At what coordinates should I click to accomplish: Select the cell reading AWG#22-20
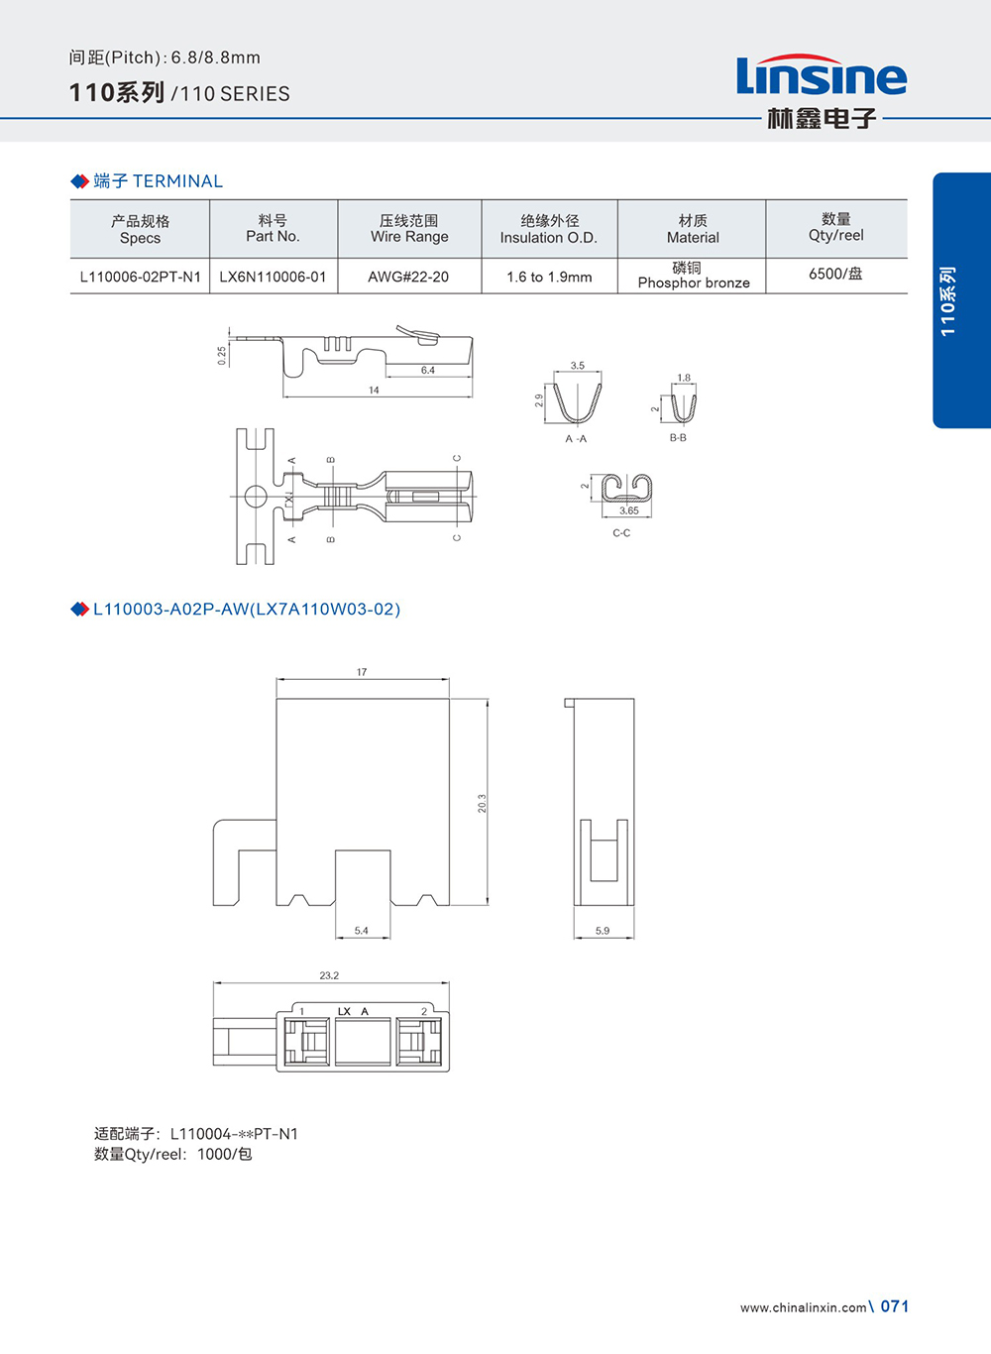(x=408, y=277)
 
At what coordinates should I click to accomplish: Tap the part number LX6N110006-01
(x=273, y=277)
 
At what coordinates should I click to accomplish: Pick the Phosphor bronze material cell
(x=693, y=276)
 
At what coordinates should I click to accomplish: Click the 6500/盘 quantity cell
(x=835, y=274)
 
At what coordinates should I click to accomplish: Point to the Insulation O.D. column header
(x=549, y=229)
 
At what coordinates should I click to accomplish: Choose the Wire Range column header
(x=409, y=229)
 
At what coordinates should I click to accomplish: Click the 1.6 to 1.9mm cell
(x=549, y=277)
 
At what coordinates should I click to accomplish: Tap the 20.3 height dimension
(x=483, y=803)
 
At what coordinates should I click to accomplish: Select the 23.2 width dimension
(x=329, y=975)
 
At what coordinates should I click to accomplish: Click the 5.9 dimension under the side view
(x=603, y=931)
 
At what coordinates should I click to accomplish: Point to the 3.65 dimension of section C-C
(x=629, y=510)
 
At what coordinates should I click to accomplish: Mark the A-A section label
(x=576, y=438)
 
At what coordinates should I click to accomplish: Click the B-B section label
(x=678, y=437)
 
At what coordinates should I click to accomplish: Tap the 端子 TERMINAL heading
(x=158, y=181)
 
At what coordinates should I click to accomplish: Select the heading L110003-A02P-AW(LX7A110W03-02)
(x=246, y=609)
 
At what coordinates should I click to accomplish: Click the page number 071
(x=895, y=1306)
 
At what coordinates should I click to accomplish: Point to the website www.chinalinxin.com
(x=803, y=1307)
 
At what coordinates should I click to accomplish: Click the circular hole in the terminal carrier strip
(x=255, y=496)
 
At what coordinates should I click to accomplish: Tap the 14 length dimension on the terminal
(x=374, y=391)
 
